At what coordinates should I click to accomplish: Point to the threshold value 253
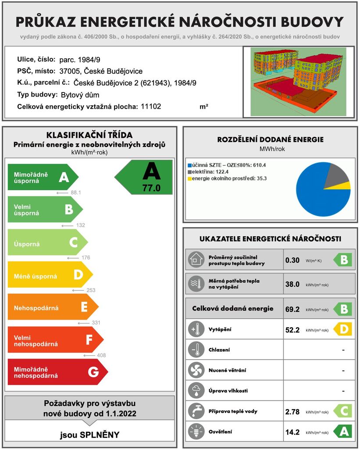tap(91, 290)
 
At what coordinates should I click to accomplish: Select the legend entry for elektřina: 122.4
tap(209, 172)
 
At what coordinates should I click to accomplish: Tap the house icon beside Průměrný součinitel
tap(196, 260)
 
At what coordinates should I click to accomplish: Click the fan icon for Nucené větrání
tap(196, 371)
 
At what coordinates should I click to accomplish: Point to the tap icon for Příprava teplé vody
tap(196, 411)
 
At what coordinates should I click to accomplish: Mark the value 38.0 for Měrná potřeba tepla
tap(292, 284)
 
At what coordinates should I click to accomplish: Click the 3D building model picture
tap(298, 82)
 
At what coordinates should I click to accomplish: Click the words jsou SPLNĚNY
tap(89, 435)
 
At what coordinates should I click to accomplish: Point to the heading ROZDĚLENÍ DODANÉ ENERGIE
tap(270, 140)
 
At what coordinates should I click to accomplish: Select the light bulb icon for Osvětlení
tap(196, 432)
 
